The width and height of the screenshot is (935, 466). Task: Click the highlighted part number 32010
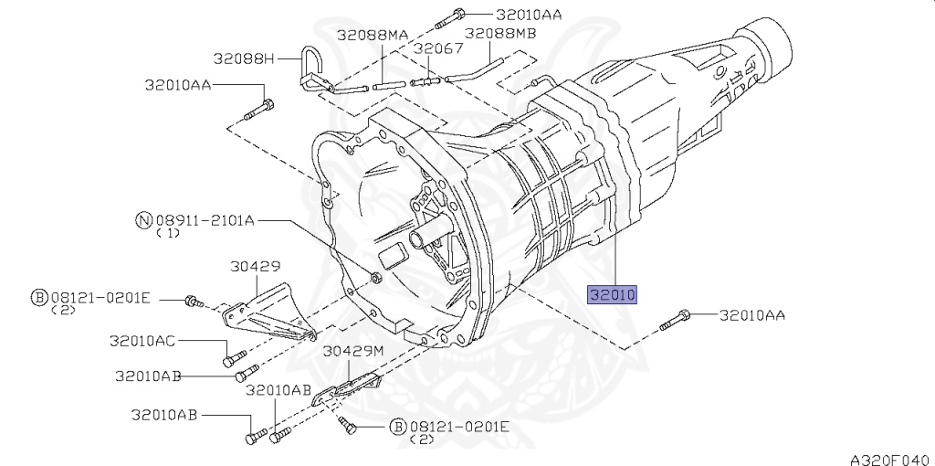coord(611,294)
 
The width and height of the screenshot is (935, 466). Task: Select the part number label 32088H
coord(244,58)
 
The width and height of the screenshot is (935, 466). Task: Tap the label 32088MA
coord(373,34)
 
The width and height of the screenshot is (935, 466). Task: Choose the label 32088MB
coord(500,34)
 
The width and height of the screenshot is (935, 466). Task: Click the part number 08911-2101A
coord(205,219)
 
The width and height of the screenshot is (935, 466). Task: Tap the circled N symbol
coord(143,219)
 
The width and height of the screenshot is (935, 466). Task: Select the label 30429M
coord(353,350)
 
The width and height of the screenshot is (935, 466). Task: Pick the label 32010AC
coord(143,340)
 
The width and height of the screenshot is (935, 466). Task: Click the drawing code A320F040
coord(888,457)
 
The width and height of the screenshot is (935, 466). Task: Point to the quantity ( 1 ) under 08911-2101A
coord(166,234)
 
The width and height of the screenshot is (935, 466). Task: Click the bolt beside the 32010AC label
coord(235,356)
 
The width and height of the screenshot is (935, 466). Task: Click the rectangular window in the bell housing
coord(390,255)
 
